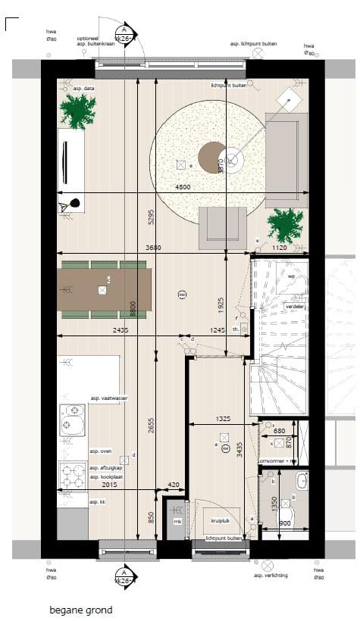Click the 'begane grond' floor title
point(80,610)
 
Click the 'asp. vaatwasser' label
point(108,398)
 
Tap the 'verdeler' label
point(294,306)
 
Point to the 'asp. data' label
point(83,89)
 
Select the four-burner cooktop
point(73,478)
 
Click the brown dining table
point(104,290)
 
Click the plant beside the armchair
point(283,225)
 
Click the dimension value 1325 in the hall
point(222,419)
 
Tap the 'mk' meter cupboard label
point(177,521)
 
